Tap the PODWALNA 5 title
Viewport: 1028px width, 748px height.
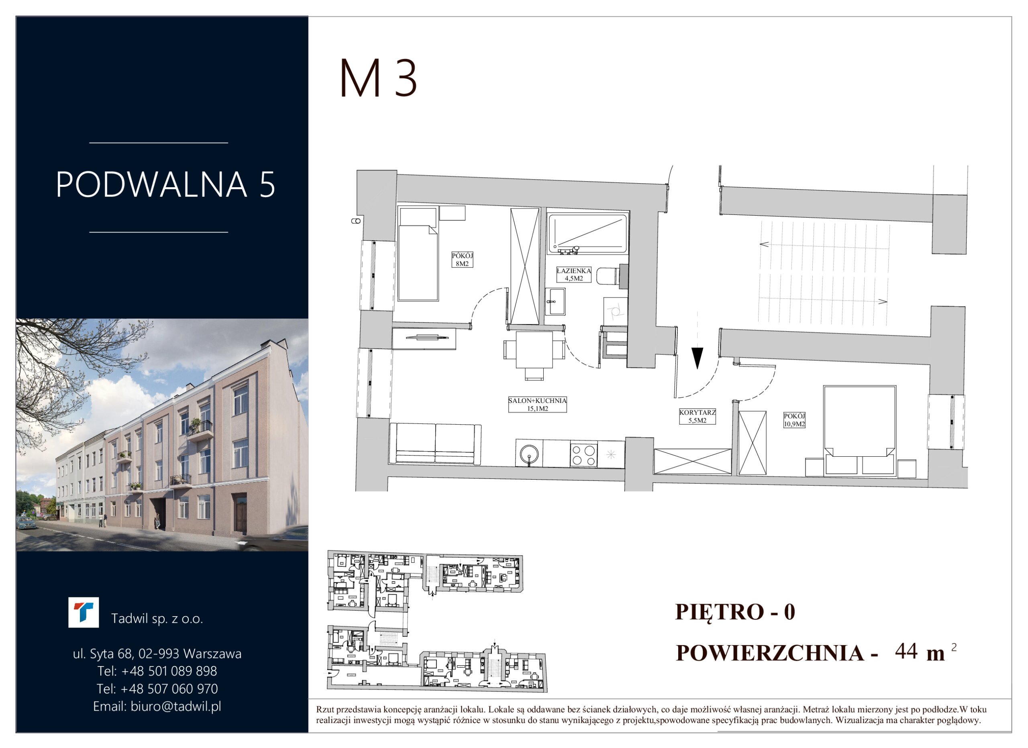(165, 184)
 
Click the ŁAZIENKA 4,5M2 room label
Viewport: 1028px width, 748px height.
(574, 275)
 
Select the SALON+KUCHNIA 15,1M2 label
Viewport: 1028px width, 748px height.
(538, 405)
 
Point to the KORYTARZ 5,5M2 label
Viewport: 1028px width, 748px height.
(697, 416)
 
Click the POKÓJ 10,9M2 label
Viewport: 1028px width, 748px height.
(795, 420)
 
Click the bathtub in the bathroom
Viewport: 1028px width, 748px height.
(587, 233)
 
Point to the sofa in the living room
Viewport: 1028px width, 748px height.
(435, 444)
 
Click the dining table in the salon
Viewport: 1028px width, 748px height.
(534, 350)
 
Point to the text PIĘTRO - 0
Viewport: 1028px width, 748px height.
(735, 611)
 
